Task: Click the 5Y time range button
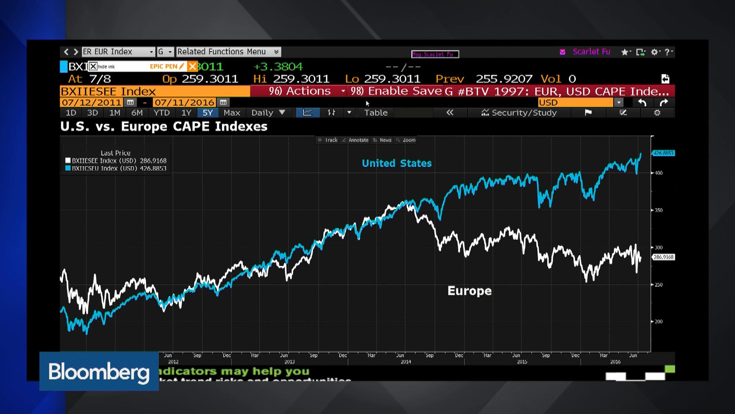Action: pos(207,113)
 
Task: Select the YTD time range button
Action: pos(161,113)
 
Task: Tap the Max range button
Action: pos(232,113)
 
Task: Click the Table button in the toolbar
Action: pos(376,113)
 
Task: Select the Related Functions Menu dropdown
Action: pos(228,52)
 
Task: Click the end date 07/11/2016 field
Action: pos(184,103)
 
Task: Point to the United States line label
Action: pos(397,163)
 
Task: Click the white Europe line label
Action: pos(469,291)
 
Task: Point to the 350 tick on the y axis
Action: pos(658,210)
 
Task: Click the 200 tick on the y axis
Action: pos(658,322)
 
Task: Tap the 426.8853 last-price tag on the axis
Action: pos(663,153)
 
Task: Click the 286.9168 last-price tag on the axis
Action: pos(663,257)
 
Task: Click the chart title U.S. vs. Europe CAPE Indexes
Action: pos(163,127)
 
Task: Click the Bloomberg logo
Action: pos(99,371)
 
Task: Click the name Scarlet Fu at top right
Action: pos(591,52)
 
